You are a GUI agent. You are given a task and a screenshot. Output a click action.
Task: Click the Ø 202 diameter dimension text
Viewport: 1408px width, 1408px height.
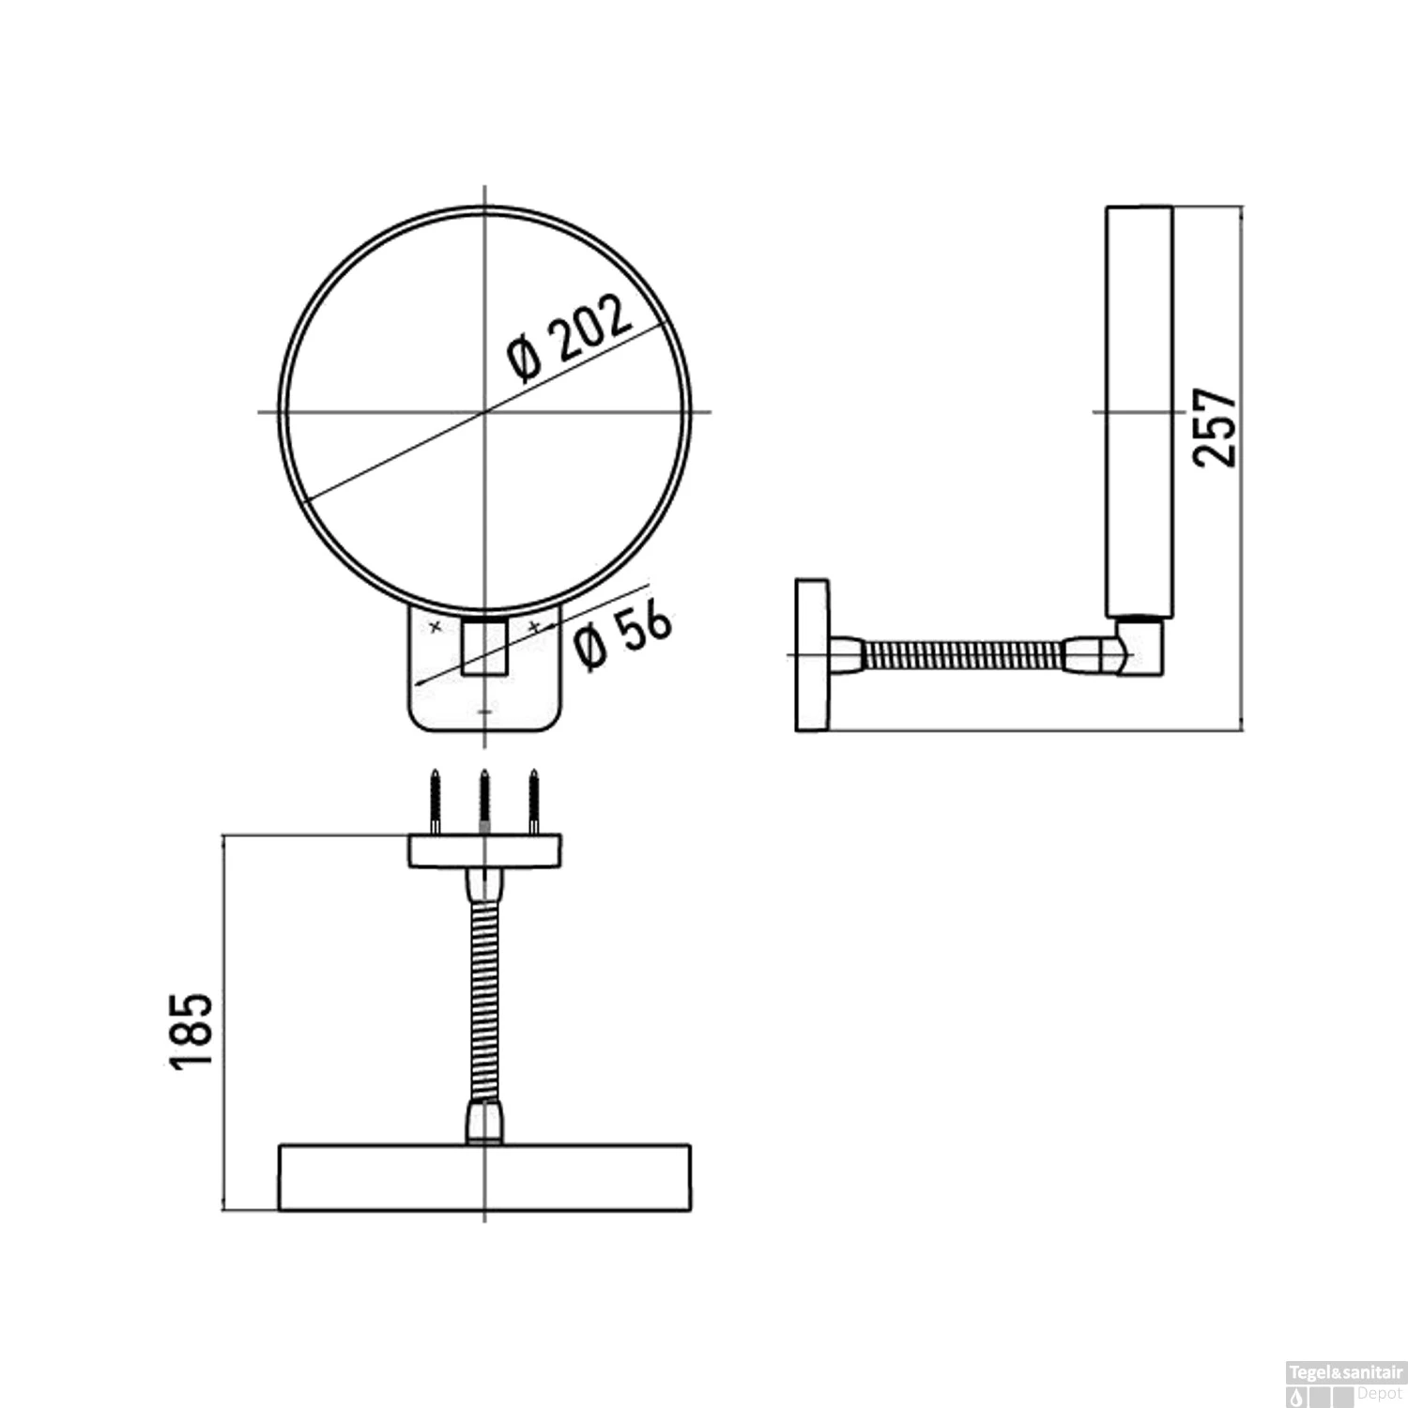tap(570, 340)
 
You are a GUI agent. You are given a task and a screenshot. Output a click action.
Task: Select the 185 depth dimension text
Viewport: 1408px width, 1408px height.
tap(193, 1029)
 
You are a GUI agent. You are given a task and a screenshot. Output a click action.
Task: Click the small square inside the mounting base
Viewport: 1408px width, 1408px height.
tap(484, 647)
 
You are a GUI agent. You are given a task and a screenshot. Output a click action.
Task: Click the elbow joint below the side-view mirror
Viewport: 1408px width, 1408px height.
tap(1138, 648)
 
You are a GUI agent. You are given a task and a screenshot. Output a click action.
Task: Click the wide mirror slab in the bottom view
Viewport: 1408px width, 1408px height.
tap(484, 1176)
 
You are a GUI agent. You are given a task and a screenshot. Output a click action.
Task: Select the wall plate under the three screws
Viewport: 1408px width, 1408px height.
tap(484, 851)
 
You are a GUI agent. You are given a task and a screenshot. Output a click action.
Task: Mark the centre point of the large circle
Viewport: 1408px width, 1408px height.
tap(484, 411)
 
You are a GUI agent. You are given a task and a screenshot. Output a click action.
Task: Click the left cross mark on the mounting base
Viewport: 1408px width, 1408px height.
tap(435, 626)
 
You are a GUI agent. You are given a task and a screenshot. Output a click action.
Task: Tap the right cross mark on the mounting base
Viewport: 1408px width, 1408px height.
tap(534, 626)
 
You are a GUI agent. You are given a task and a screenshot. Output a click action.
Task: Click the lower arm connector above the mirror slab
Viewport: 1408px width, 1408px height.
tap(484, 1121)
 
